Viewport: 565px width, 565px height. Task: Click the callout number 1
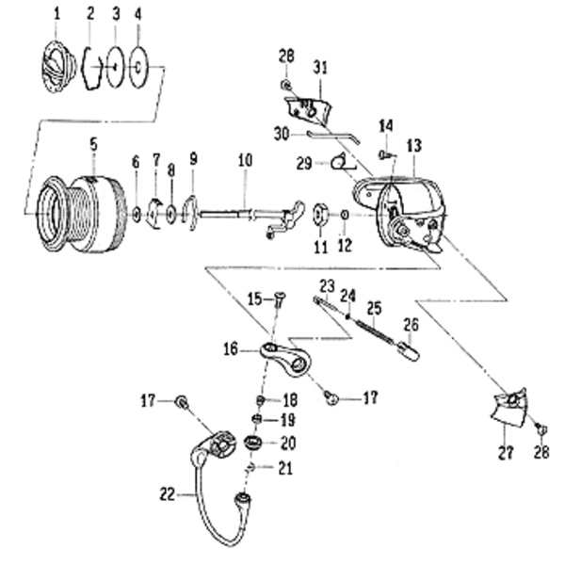pyautogui.click(x=56, y=15)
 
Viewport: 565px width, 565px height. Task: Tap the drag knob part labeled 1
pyautogui.click(x=58, y=67)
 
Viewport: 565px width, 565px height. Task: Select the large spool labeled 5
pyautogui.click(x=83, y=214)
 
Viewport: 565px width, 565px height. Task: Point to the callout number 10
pyautogui.click(x=245, y=160)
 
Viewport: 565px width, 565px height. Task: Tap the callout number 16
pyautogui.click(x=231, y=349)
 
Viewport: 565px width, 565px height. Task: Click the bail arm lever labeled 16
pyautogui.click(x=285, y=360)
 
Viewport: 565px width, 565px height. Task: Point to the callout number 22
pyautogui.click(x=168, y=494)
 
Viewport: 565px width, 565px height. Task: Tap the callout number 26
pyautogui.click(x=411, y=325)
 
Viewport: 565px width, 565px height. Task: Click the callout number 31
pyautogui.click(x=320, y=68)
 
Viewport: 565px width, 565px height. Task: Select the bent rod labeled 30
pyautogui.click(x=333, y=137)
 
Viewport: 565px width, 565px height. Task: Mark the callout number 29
pyautogui.click(x=304, y=164)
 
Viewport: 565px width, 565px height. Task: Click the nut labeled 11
pyautogui.click(x=320, y=215)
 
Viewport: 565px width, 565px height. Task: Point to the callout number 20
pyautogui.click(x=288, y=443)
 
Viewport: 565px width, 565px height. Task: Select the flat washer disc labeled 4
pyautogui.click(x=138, y=67)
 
